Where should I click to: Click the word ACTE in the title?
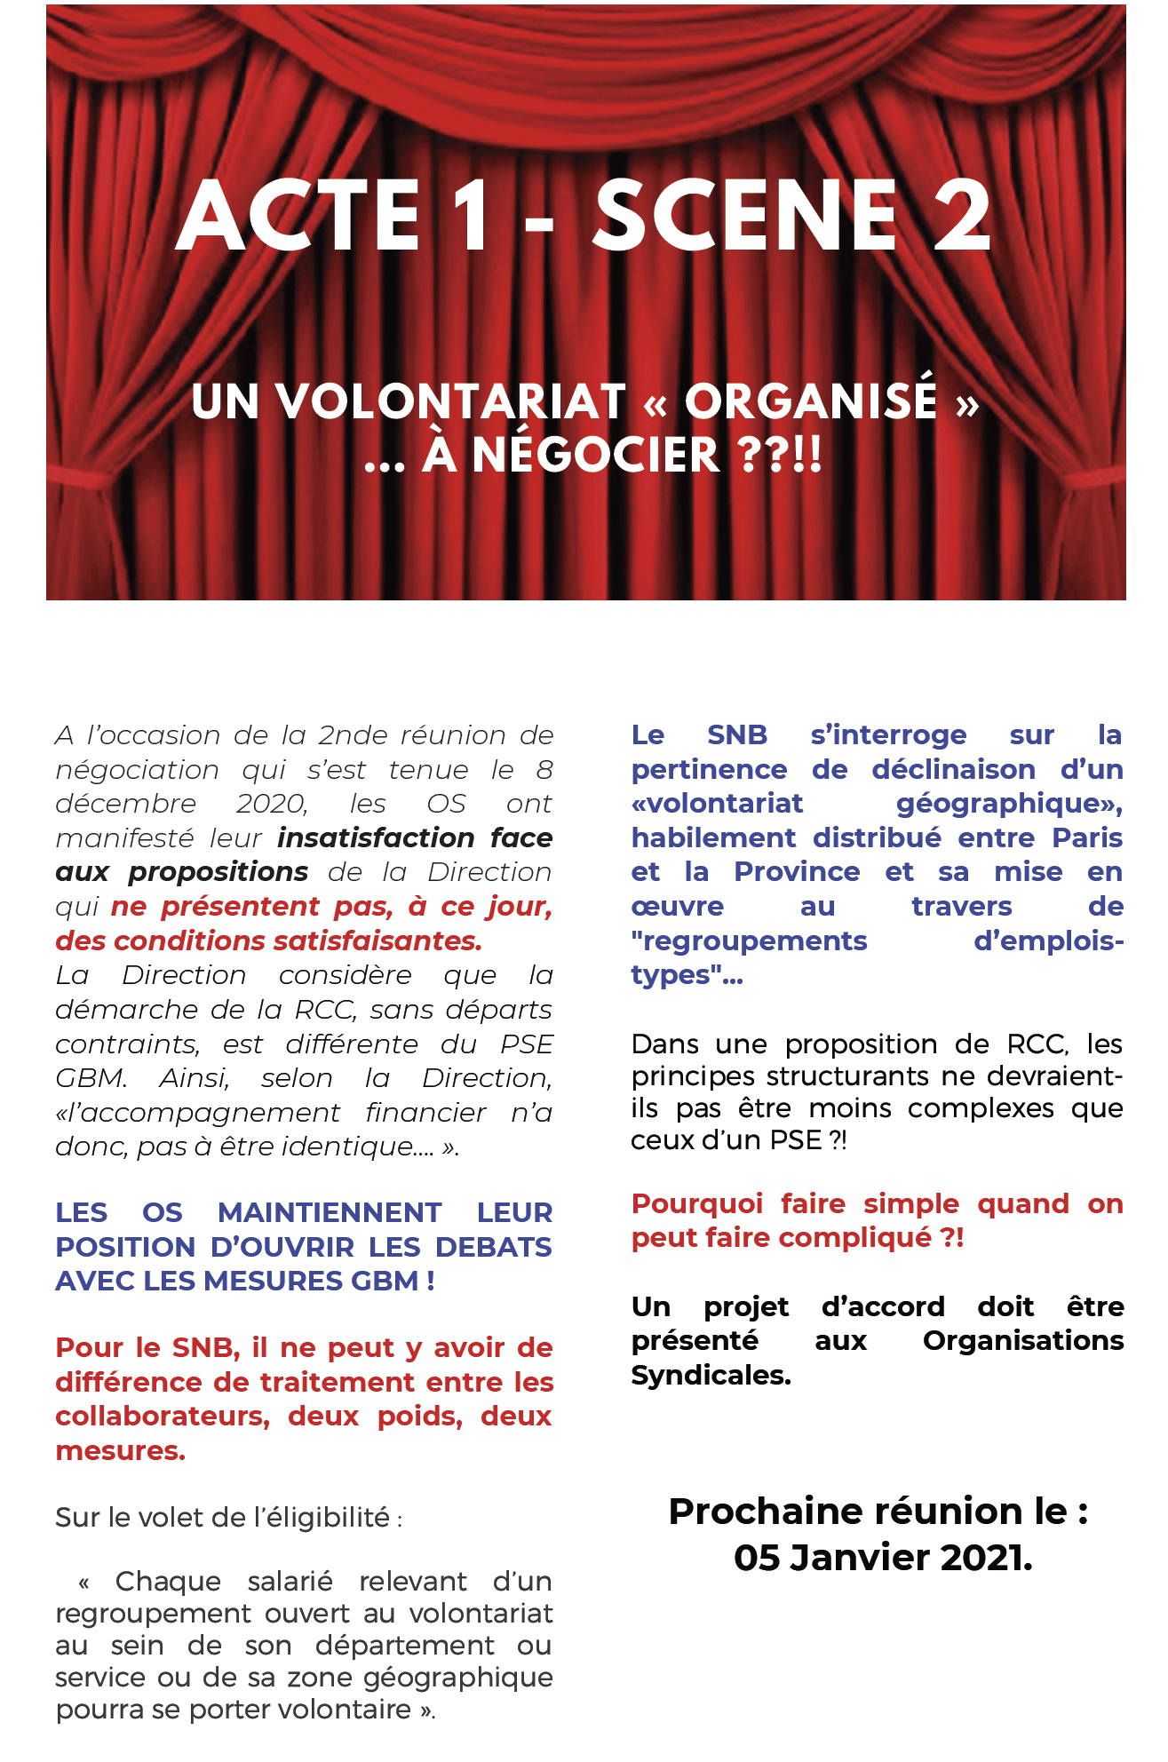[x=298, y=216]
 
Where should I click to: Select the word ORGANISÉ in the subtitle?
[x=810, y=401]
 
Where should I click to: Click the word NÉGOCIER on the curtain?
[x=595, y=455]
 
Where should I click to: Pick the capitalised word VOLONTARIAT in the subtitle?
[x=452, y=401]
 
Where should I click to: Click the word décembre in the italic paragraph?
[x=125, y=804]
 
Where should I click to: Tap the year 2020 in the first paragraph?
[x=271, y=804]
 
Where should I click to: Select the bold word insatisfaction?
[x=376, y=837]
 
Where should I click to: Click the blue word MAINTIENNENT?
[x=330, y=1213]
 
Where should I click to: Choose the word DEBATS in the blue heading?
[x=493, y=1247]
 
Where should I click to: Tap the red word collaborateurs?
[x=163, y=1417]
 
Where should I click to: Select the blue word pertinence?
[x=709, y=770]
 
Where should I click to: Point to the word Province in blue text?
[x=797, y=872]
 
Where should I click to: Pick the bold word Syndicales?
[x=711, y=1376]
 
